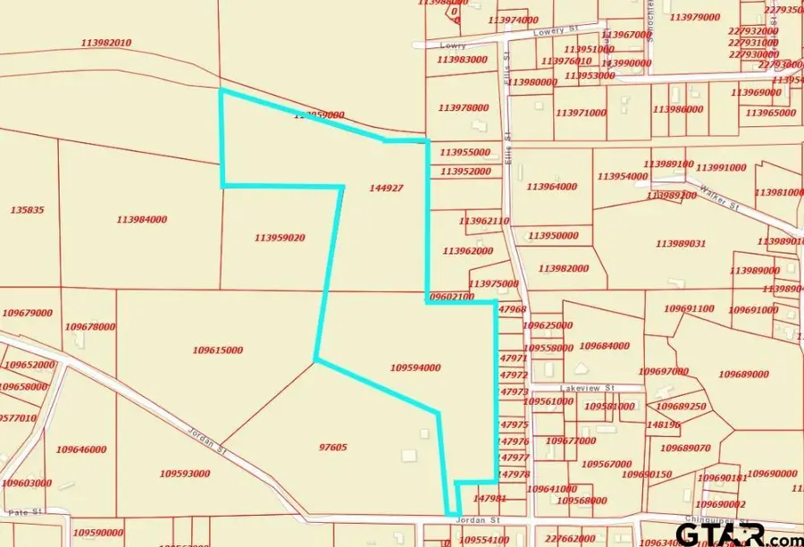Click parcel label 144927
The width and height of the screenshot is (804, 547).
(x=386, y=188)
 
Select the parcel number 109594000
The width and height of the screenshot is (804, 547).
(x=415, y=367)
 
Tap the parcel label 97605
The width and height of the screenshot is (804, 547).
(x=332, y=447)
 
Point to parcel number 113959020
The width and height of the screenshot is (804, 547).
(x=280, y=238)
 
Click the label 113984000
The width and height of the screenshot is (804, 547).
(x=141, y=219)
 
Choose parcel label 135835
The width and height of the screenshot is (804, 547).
(x=28, y=210)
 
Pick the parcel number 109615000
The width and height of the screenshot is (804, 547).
(x=217, y=350)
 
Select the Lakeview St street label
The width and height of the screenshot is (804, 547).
(x=588, y=389)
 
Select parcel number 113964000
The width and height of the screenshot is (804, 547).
(x=551, y=187)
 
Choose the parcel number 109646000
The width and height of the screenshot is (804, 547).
(x=80, y=450)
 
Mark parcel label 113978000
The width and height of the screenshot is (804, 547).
(x=463, y=107)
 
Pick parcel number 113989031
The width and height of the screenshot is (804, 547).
(x=680, y=243)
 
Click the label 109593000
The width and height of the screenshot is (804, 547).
(x=185, y=474)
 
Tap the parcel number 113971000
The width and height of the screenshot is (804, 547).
(x=581, y=114)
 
